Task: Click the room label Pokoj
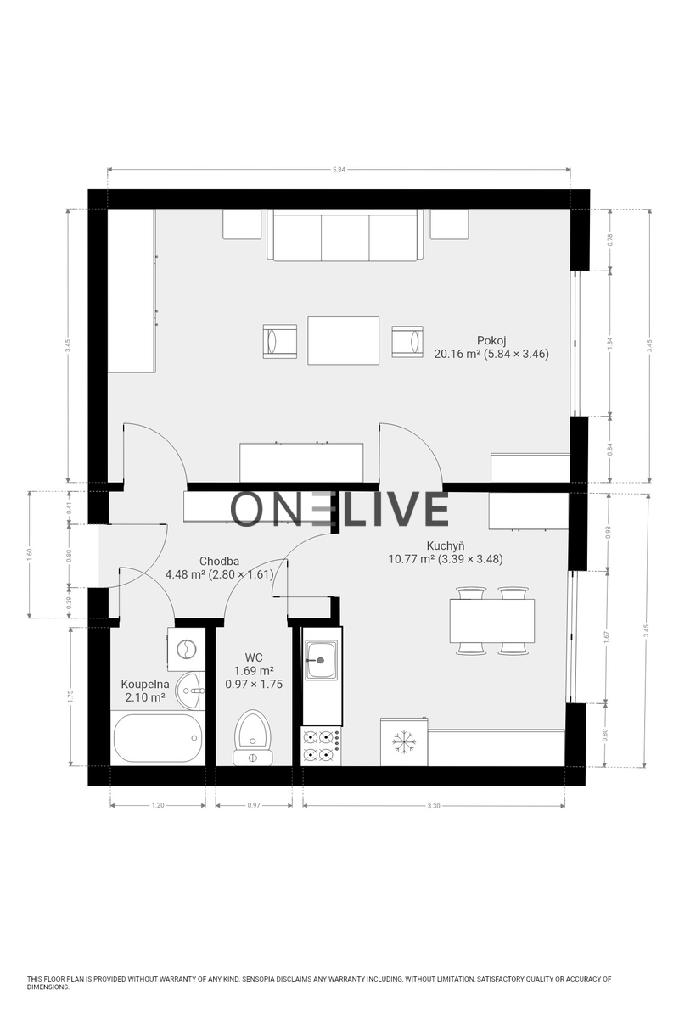(x=491, y=340)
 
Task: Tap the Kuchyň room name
(x=446, y=545)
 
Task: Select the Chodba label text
(x=219, y=562)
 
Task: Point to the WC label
(x=253, y=657)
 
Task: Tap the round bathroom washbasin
(x=189, y=691)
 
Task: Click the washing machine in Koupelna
(x=185, y=649)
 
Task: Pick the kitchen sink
(x=322, y=660)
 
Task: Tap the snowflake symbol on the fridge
(x=401, y=741)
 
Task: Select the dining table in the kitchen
(x=492, y=621)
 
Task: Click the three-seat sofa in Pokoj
(x=345, y=236)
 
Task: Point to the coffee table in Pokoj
(x=344, y=340)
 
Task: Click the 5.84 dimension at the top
(x=339, y=170)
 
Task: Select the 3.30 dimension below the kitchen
(x=434, y=806)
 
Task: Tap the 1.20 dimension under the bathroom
(x=158, y=805)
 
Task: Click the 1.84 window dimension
(x=610, y=343)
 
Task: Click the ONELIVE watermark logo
(x=339, y=508)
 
